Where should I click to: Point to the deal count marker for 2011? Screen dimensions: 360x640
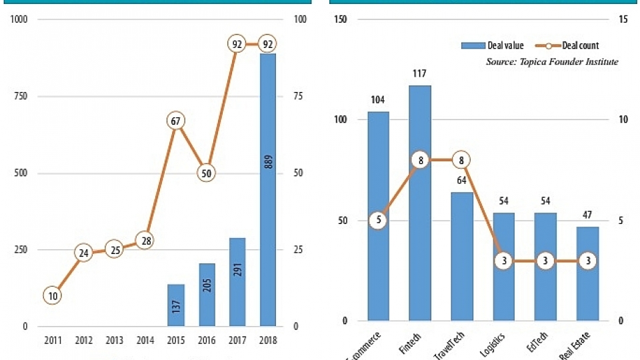53,295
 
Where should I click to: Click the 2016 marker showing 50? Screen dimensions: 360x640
207,173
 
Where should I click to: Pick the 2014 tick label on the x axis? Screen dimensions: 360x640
145,341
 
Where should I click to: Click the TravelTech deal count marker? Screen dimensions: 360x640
461,160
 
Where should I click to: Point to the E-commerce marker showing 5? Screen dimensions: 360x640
378,221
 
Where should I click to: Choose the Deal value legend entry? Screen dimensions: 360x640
492,46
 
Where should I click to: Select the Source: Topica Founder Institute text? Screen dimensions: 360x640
552,62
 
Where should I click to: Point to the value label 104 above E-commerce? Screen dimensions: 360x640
378,100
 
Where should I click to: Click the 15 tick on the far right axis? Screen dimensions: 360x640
623,19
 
